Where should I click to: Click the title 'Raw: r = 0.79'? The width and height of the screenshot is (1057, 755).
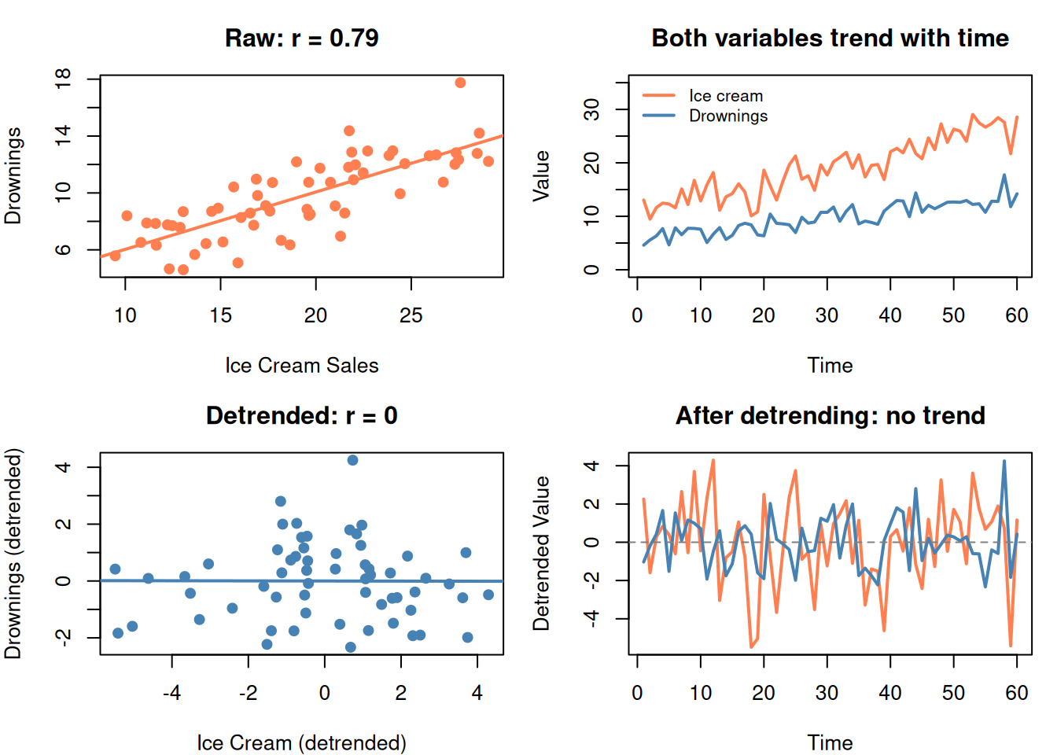[301, 39]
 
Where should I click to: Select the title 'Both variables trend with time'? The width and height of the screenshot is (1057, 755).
[830, 39]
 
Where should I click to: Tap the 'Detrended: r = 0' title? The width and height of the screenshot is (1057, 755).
[301, 416]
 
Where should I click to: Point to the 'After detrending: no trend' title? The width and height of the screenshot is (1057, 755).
[830, 416]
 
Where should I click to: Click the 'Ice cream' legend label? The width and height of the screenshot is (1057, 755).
[726, 96]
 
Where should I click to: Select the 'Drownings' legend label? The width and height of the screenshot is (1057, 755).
[728, 116]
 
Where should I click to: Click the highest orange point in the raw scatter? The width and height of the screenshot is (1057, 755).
[460, 83]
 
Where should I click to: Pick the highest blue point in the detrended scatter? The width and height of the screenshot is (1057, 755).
[352, 460]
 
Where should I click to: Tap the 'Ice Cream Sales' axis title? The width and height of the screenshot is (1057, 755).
[301, 366]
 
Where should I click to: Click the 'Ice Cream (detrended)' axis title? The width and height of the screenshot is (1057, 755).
[301, 743]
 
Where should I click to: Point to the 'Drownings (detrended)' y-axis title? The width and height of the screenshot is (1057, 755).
[13, 553]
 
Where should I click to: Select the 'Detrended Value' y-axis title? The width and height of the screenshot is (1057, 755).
[541, 553]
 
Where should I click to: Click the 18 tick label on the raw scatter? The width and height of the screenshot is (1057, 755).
[63, 79]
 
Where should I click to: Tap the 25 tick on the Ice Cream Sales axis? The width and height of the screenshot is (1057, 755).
[411, 315]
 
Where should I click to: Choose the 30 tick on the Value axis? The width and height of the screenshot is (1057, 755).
[591, 109]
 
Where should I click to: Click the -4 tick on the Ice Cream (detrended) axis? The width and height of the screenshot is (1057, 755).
[171, 693]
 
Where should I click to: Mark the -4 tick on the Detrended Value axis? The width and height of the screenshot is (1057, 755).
[591, 619]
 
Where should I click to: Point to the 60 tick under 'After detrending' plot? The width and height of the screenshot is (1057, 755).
[1017, 693]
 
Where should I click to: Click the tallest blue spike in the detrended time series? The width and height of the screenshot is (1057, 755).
[1004, 462]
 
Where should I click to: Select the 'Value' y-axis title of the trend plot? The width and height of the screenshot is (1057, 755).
[541, 176]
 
